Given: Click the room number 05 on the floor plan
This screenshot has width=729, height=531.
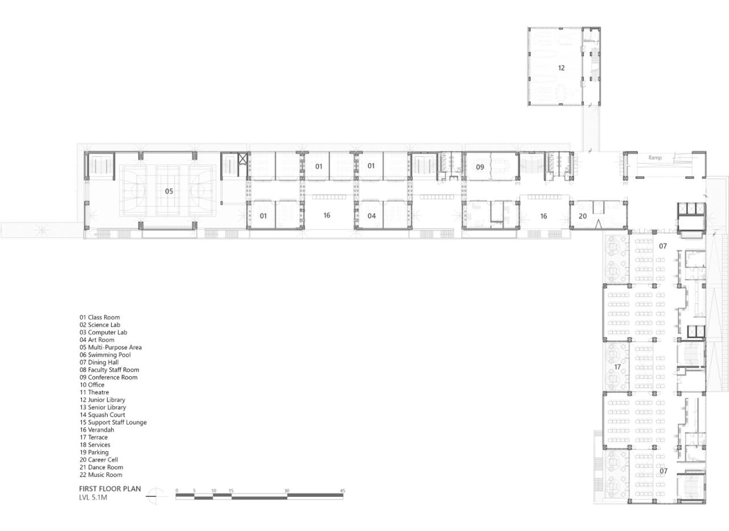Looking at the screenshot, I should click(169, 191).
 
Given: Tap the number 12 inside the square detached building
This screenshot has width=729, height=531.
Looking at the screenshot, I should click(562, 68).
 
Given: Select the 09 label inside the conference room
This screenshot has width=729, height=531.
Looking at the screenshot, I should click(480, 167).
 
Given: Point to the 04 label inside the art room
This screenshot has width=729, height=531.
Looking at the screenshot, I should click(371, 216).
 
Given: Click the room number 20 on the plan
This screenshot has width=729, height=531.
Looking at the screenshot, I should click(582, 217).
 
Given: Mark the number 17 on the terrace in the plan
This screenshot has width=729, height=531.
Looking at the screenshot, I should click(617, 367).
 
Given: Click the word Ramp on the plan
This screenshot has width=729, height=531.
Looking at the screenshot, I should click(655, 157).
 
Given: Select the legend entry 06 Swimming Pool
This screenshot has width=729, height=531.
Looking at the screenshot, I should click(105, 355).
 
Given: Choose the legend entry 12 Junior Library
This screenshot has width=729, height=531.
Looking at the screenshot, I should click(103, 400).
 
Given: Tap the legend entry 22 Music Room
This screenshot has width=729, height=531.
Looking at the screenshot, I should click(101, 475).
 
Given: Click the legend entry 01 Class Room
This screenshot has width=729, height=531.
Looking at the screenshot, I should click(100, 317).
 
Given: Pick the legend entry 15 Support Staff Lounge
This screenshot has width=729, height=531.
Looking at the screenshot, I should click(113, 422).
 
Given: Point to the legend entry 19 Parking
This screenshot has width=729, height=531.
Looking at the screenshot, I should click(94, 452).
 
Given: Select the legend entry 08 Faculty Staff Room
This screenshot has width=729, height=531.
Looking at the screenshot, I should click(109, 370).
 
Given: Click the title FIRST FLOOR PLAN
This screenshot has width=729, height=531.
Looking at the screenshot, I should click(110, 489).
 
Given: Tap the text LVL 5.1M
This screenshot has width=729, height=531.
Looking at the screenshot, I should click(93, 498).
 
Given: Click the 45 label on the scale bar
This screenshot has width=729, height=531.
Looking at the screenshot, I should click(342, 491).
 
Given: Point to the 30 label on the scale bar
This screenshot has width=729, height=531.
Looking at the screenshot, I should click(286, 491).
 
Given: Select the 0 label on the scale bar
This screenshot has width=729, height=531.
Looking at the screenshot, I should click(177, 491).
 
